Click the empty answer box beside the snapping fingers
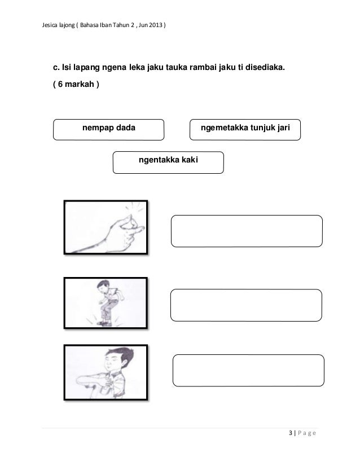[247, 231]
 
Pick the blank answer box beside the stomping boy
[246, 305]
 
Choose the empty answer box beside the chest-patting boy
[248, 371]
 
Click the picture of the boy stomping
[106, 303]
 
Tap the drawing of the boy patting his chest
[106, 373]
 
